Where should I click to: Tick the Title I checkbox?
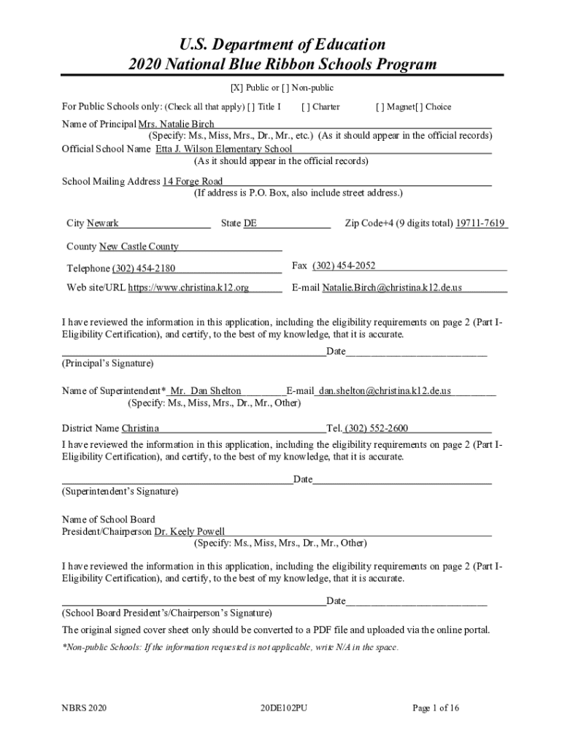252,107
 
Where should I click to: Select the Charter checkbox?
306,107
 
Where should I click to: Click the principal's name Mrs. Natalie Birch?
176,124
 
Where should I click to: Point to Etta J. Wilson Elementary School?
223,149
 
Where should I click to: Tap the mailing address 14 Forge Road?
193,181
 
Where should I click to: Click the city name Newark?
103,223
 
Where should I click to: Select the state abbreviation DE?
250,223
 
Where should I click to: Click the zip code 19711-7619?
480,223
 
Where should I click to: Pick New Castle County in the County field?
139,247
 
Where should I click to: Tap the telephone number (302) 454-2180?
144,268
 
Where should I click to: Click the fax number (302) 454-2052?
344,266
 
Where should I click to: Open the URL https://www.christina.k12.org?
188,287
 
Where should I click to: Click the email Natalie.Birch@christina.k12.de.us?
392,287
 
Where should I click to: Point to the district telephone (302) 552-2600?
377,428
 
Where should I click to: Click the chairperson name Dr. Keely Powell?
189,532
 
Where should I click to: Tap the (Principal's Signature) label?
107,363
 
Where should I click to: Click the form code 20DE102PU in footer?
283,708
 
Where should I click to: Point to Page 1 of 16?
435,708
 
